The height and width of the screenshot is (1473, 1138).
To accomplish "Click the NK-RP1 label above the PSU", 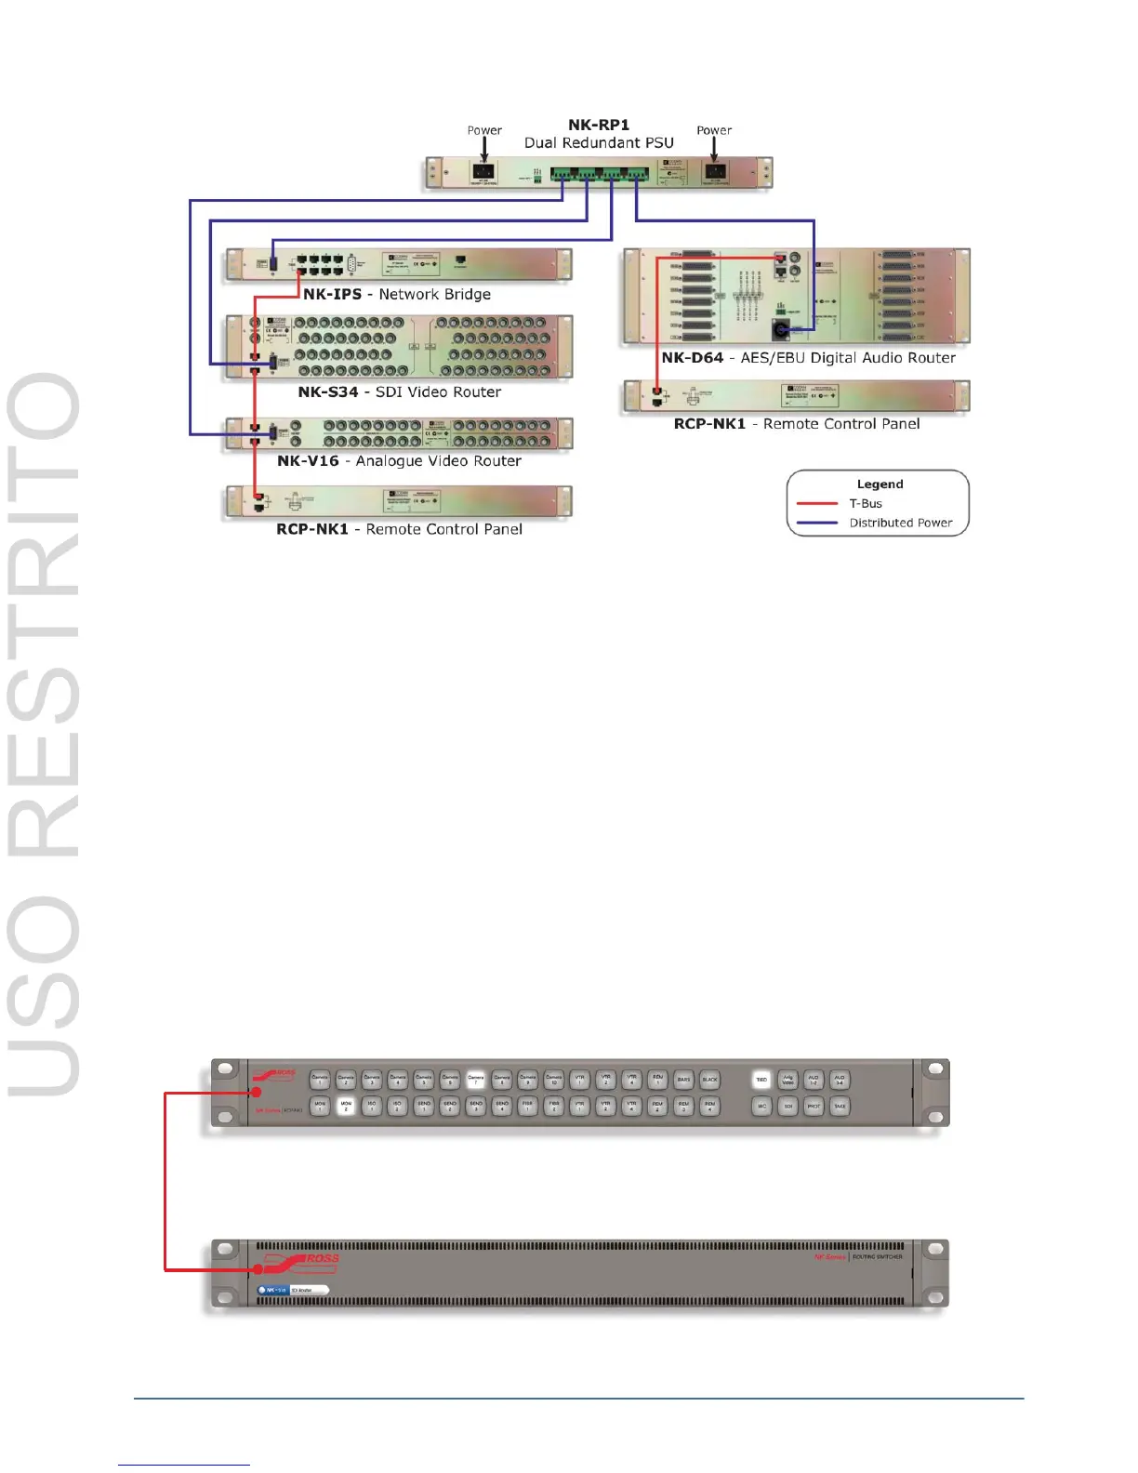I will (599, 125).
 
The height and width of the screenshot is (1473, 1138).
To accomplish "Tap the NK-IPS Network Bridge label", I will (397, 294).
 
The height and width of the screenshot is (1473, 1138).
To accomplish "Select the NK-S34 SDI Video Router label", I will (399, 392).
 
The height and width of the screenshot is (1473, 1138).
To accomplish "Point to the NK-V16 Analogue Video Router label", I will (399, 461).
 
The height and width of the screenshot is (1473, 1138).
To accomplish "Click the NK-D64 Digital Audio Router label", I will (808, 358).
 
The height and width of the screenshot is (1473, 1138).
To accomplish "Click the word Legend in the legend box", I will (880, 484).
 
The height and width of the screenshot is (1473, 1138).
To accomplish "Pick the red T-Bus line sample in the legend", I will (817, 504).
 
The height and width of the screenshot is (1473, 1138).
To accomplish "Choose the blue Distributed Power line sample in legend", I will (817, 523).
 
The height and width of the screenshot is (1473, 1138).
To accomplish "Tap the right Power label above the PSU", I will (714, 130).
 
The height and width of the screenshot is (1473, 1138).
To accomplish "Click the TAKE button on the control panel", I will (840, 1107).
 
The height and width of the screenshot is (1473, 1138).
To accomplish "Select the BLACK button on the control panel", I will (709, 1080).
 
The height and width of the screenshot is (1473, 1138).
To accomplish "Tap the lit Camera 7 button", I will (476, 1080).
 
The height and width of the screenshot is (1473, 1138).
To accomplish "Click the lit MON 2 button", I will (346, 1107).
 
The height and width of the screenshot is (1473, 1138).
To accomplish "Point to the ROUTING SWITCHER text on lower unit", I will (878, 1257).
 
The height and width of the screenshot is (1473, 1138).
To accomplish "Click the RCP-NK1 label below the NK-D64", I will (797, 424).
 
